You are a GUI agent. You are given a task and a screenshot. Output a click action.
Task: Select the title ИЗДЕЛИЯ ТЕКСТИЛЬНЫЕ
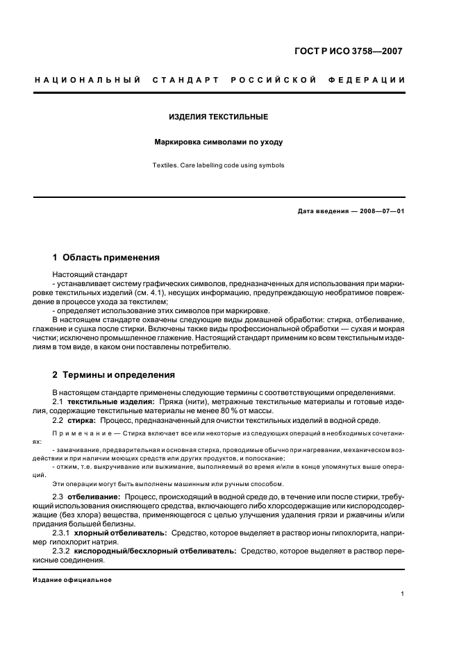click(x=219, y=117)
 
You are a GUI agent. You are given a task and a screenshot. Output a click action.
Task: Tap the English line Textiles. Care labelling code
click(x=219, y=165)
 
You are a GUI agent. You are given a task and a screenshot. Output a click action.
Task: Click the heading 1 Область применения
click(x=106, y=257)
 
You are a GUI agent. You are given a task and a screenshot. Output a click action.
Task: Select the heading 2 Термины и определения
click(x=113, y=375)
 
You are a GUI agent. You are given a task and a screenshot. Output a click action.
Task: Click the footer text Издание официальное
click(x=72, y=580)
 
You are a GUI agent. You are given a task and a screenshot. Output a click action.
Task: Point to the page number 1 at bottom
click(x=403, y=594)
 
